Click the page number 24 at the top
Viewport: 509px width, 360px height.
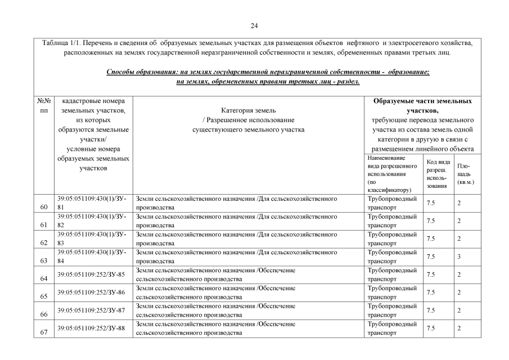tap(254, 25)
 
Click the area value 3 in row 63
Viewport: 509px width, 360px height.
tap(460, 256)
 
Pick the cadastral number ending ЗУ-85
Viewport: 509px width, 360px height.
tap(91, 274)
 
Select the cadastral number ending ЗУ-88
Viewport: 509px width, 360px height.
tap(91, 328)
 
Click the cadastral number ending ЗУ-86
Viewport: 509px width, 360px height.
tap(91, 292)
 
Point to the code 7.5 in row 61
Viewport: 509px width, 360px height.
tap(431, 221)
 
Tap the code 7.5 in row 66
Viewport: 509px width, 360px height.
tap(431, 310)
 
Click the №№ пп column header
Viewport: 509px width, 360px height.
tap(44, 106)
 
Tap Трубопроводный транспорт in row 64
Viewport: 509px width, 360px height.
tap(391, 274)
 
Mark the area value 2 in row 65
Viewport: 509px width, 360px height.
tap(460, 292)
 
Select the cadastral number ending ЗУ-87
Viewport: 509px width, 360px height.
tap(91, 310)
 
